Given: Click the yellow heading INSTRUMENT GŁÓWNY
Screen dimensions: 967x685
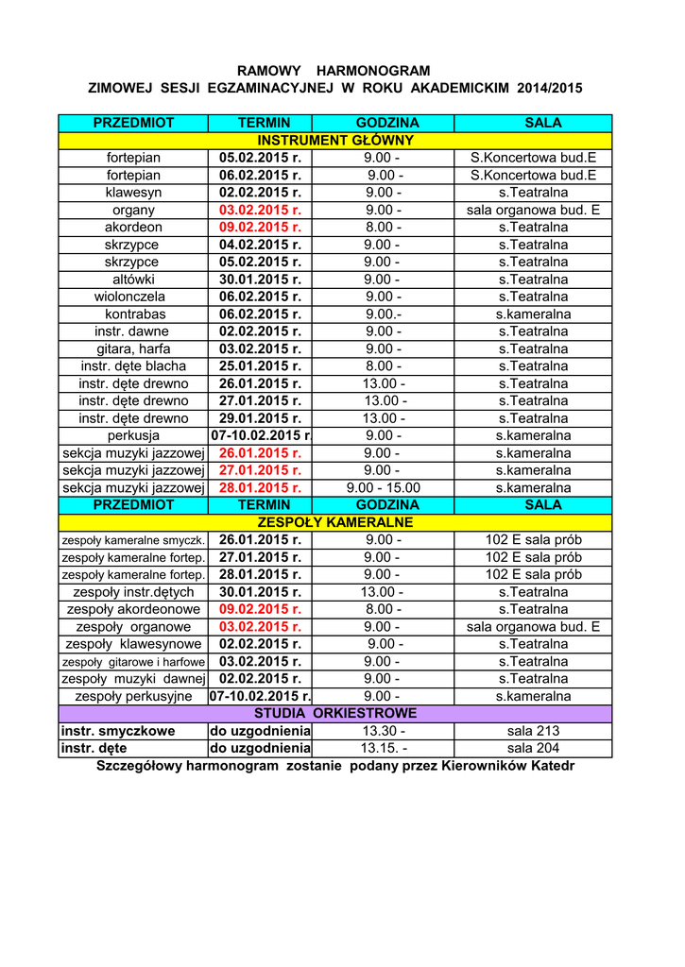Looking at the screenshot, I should click(x=335, y=141).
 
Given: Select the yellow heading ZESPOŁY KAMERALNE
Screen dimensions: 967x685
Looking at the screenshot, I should click(x=335, y=522).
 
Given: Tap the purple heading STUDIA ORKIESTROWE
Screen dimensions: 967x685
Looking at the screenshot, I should click(x=335, y=713).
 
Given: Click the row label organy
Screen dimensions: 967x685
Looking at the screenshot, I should click(x=133, y=210).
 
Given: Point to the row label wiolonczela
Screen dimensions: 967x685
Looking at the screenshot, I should click(x=133, y=297).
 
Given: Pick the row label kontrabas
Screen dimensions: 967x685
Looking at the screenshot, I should click(x=133, y=314).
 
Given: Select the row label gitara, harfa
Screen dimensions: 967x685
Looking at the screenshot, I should click(x=133, y=348).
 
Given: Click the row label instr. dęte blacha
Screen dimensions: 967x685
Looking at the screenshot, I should click(x=133, y=365).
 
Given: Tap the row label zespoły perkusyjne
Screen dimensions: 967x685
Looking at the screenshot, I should click(x=133, y=696).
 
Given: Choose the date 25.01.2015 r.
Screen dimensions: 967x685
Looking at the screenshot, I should click(x=260, y=365).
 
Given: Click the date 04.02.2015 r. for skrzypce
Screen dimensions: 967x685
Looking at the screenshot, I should click(x=260, y=245).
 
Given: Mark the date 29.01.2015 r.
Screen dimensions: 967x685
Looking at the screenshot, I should click(x=260, y=418).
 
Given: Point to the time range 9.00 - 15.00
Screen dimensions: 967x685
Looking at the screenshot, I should click(x=383, y=487).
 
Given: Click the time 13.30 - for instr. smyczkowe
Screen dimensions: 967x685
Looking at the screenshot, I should click(x=383, y=731).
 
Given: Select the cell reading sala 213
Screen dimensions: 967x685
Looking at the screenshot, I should click(x=533, y=731).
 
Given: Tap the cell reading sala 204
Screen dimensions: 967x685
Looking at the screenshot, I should click(x=533, y=748).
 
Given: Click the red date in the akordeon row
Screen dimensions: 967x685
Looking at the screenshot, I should click(x=260, y=228).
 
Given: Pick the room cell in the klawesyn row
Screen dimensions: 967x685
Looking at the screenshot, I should click(x=533, y=193).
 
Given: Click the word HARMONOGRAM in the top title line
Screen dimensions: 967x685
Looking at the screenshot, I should click(x=373, y=71).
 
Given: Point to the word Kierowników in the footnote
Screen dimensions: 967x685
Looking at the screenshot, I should click(x=485, y=766).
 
